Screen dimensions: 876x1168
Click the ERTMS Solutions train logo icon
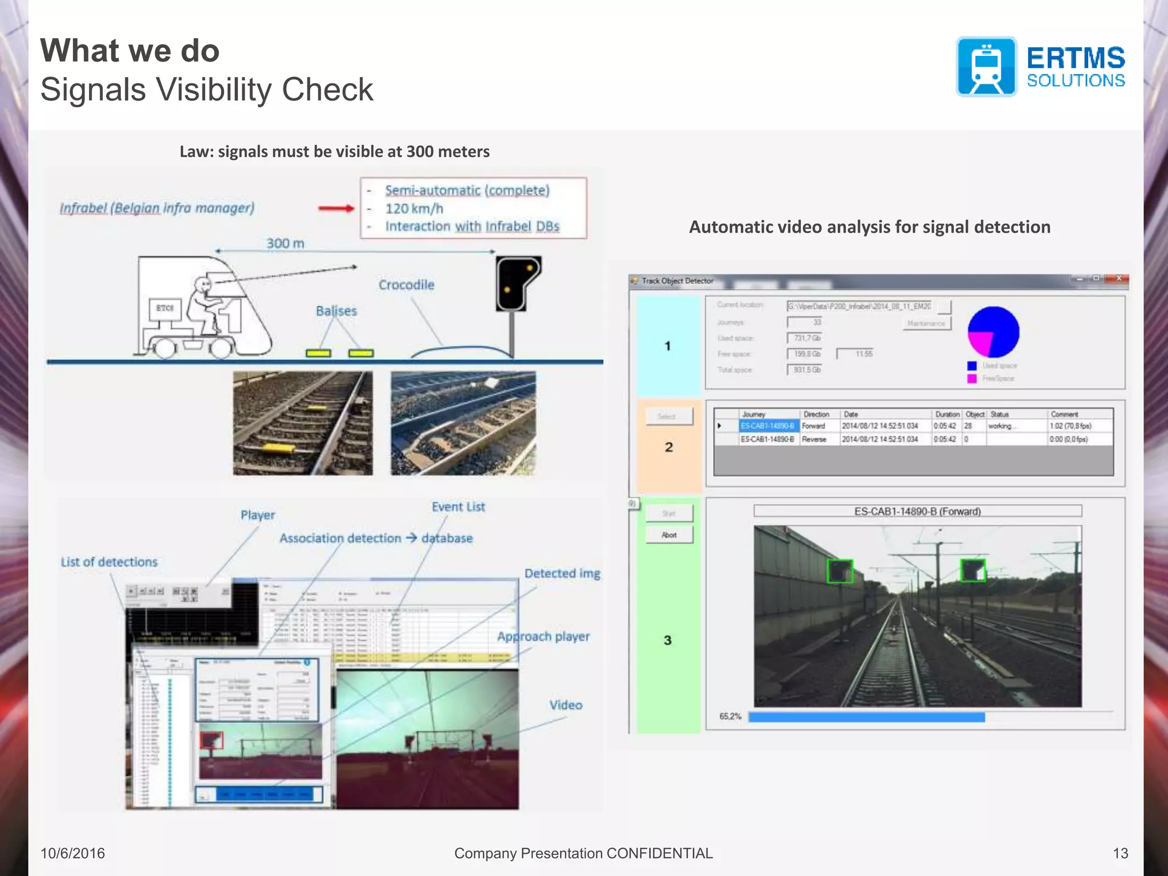coord(986,67)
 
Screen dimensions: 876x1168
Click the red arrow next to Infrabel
coord(336,208)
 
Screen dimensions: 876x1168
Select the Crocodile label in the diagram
coord(406,285)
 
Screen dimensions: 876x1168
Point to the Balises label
coord(336,311)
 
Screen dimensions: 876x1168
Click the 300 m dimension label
coord(285,244)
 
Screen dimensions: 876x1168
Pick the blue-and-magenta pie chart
coord(993,332)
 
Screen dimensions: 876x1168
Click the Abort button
coord(669,535)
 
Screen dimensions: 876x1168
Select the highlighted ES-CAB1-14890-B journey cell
coord(768,426)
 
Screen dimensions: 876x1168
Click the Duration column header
coord(947,414)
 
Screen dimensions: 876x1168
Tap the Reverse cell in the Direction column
coord(814,439)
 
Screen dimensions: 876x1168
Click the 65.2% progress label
coord(730,716)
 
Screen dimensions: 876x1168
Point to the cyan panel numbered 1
coord(668,346)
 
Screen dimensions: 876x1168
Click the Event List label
coord(458,507)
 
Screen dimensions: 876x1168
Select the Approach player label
coord(543,636)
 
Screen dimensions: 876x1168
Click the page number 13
coord(1120,853)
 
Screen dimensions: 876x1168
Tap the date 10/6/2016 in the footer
coord(72,853)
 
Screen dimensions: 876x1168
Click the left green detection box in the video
coord(839,571)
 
